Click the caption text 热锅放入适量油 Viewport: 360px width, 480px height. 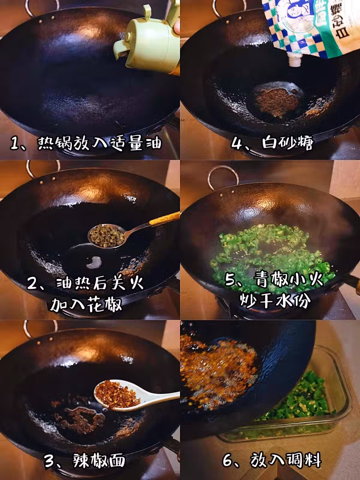(100, 143)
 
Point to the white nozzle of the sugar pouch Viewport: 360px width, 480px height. (295, 60)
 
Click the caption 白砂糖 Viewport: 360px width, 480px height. (288, 143)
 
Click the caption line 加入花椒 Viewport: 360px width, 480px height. (86, 304)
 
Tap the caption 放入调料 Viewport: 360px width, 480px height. (286, 460)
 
